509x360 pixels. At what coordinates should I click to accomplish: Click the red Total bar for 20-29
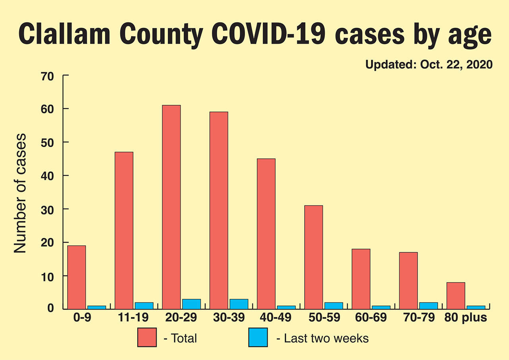pyautogui.click(x=171, y=207)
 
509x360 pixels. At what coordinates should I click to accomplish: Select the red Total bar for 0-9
pyautogui.click(x=76, y=277)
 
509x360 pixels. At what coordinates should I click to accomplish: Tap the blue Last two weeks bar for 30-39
pyautogui.click(x=239, y=304)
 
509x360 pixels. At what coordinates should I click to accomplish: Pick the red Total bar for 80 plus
pyautogui.click(x=456, y=295)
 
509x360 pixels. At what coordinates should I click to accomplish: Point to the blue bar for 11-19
pyautogui.click(x=144, y=306)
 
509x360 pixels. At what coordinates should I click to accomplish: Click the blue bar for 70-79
pyautogui.click(x=428, y=306)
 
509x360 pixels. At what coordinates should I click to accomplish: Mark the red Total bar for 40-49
pyautogui.click(x=266, y=234)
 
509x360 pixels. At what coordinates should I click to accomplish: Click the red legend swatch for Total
pyautogui.click(x=147, y=338)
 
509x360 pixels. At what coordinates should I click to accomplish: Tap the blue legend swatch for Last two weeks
pyautogui.click(x=258, y=338)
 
